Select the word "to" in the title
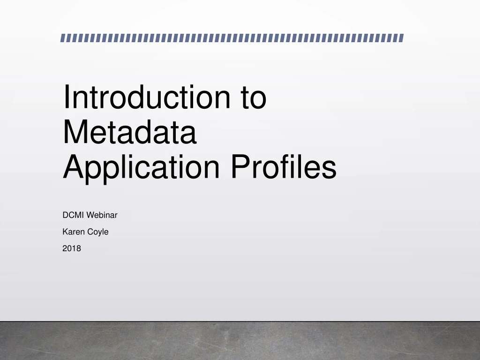click(x=254, y=97)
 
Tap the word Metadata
click(x=129, y=132)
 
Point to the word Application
click(x=141, y=168)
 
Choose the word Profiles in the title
click(x=283, y=167)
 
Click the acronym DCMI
click(x=72, y=216)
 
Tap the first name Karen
click(x=73, y=232)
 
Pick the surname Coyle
click(x=98, y=232)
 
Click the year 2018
click(x=72, y=248)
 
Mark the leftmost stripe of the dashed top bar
click(x=63, y=38)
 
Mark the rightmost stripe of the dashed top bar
click(x=401, y=38)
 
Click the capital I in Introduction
click(x=66, y=97)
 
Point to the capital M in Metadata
click(x=74, y=132)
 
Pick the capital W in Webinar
click(x=89, y=216)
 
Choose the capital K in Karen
click(x=65, y=232)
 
